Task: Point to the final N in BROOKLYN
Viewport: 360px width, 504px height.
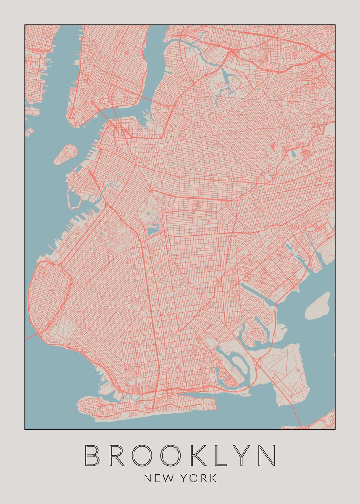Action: point(267,455)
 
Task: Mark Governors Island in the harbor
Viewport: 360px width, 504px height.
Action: point(66,154)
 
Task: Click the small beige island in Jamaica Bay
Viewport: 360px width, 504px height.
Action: point(318,306)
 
